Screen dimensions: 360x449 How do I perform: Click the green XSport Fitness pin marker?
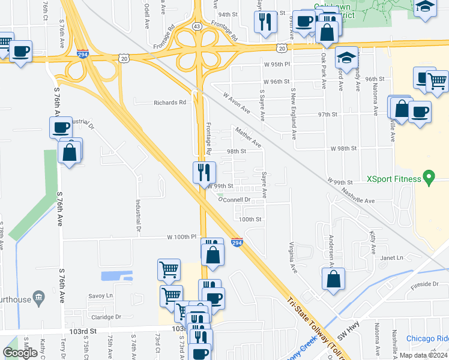[x=428, y=178]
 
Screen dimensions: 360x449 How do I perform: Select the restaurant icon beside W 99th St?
[x=204, y=173]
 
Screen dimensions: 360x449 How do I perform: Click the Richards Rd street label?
[x=170, y=103]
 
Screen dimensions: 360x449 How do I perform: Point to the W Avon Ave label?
[x=236, y=103]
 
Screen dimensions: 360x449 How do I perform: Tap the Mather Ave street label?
[x=249, y=137]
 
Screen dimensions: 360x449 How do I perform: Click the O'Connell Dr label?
[x=234, y=199]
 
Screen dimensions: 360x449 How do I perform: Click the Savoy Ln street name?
[x=100, y=296]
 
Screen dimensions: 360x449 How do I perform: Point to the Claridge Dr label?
[x=105, y=317]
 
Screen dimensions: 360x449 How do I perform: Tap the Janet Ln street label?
[x=391, y=258]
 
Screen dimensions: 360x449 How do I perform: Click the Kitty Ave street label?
[x=373, y=239]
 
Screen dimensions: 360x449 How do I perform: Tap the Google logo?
[x=20, y=353]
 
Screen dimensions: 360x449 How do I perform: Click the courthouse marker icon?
[x=39, y=296]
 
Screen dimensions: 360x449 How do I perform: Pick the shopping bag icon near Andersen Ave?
[x=333, y=279]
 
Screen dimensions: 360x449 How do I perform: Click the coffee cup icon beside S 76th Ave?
[x=61, y=128]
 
